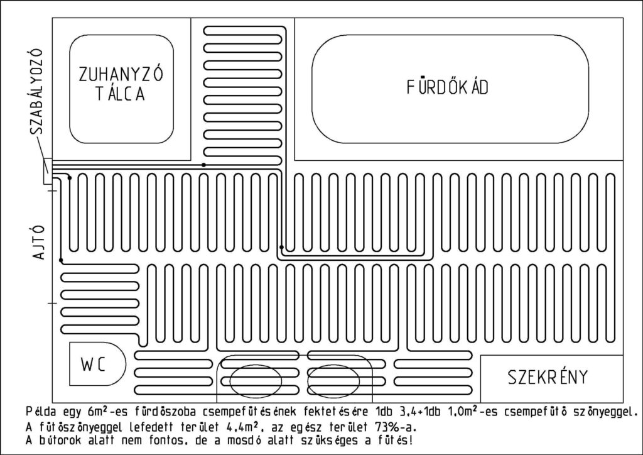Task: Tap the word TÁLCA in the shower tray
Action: tap(121, 93)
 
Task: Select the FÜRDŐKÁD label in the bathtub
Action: tap(447, 87)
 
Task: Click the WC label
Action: tap(94, 365)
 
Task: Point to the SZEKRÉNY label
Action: tap(548, 377)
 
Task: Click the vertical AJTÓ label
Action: tap(38, 242)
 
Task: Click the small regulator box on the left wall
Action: tap(47, 171)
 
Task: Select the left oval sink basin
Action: tap(256, 381)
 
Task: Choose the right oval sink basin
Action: tap(333, 381)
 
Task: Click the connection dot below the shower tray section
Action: tap(204, 165)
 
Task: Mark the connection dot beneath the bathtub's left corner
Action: tap(281, 247)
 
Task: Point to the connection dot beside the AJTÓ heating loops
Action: tap(61, 260)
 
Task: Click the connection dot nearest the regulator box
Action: tap(70, 178)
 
